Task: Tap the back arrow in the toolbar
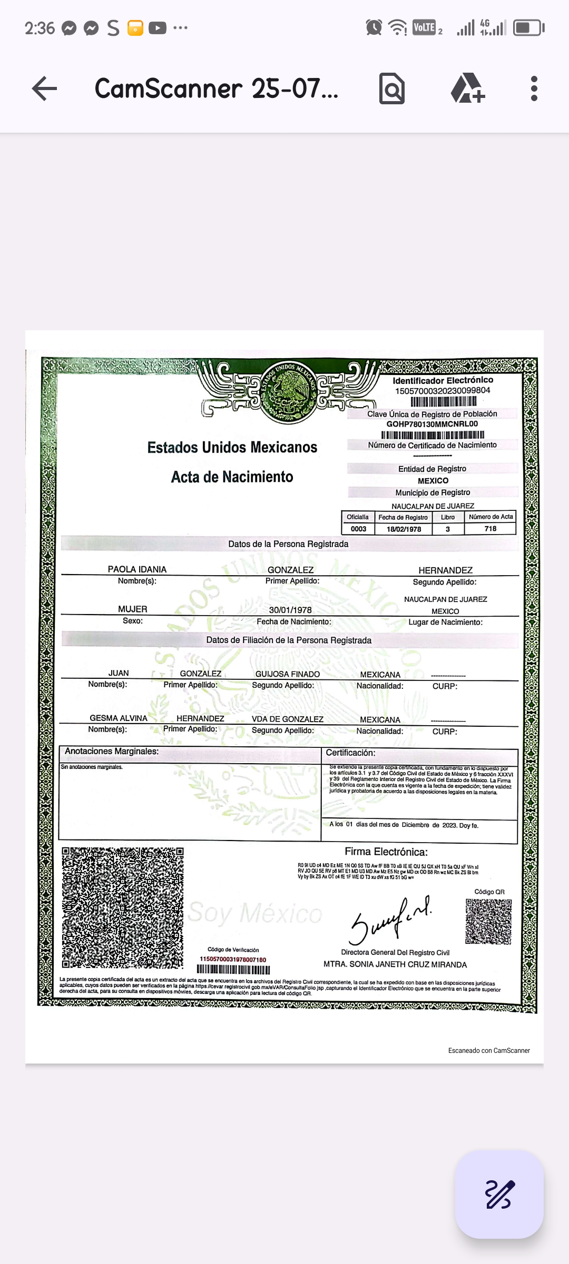coord(44,88)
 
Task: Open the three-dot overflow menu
coord(534,88)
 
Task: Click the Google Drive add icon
coord(467,88)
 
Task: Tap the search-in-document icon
coord(392,88)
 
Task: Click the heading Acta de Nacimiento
coord(232,477)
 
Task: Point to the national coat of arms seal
coord(288,391)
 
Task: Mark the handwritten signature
coord(390,920)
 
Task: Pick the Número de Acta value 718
coord(490,529)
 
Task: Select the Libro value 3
coord(448,529)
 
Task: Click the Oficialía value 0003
coord(358,529)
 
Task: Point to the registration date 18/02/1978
coord(404,529)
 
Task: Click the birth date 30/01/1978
coord(290,610)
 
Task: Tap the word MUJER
coord(133,609)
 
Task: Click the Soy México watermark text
coord(255,913)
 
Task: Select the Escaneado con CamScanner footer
coord(489,1051)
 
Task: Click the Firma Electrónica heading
coord(386,852)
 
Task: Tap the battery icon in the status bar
coord(528,27)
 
